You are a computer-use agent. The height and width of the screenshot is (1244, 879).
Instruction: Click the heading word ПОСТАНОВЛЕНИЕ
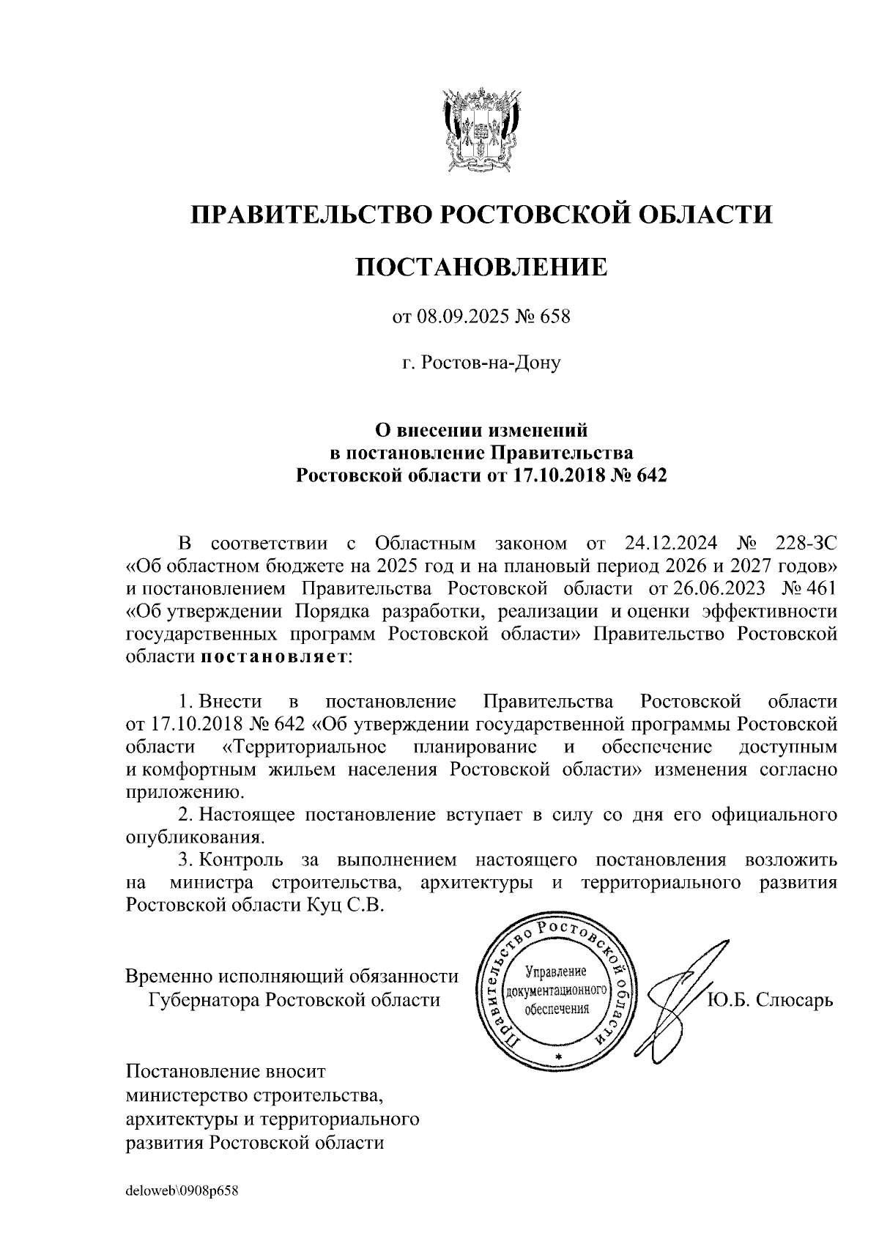481,267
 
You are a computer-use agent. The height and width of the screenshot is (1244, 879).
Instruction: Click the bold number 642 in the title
651,475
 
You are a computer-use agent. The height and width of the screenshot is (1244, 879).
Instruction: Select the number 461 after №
817,588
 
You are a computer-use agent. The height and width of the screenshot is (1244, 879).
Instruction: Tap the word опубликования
194,837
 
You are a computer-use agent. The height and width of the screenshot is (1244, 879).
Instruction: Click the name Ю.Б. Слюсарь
770,999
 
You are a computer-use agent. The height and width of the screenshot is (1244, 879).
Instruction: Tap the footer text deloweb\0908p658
183,1191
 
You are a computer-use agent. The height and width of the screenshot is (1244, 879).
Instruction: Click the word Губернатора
204,999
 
